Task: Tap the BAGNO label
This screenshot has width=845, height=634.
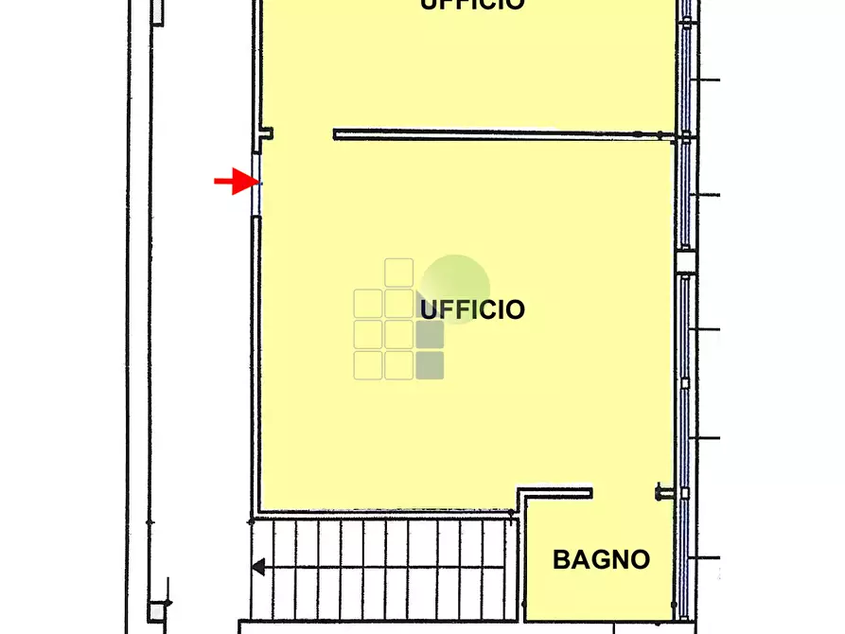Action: point(601,559)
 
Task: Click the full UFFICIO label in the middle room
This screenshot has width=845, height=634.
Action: point(472,309)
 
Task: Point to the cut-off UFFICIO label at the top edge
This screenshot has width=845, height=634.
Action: point(472,5)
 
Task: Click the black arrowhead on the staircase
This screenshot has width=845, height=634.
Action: point(257,568)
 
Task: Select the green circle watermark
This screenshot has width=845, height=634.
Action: point(455,288)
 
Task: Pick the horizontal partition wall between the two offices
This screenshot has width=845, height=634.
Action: point(502,134)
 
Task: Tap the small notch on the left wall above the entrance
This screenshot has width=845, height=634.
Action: point(268,133)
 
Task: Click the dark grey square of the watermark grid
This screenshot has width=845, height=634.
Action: point(430,335)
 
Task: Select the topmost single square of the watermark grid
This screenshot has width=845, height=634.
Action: point(399,273)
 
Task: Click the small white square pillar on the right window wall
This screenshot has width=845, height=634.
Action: point(684,262)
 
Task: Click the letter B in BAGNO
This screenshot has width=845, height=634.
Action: point(561,559)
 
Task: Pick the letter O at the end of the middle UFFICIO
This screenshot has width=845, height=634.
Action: point(514,309)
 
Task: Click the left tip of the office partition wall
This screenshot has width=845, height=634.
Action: point(336,134)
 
